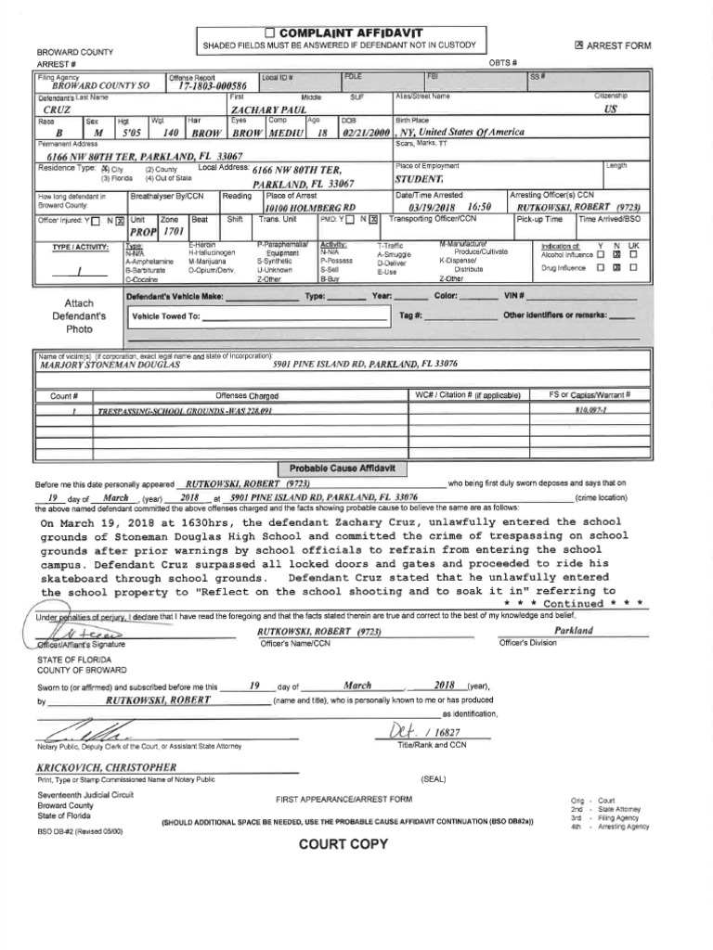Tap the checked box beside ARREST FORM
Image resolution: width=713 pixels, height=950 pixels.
pyautogui.click(x=579, y=45)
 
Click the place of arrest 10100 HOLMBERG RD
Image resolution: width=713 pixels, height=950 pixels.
pyautogui.click(x=311, y=208)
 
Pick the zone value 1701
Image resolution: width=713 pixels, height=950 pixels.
pyautogui.click(x=175, y=230)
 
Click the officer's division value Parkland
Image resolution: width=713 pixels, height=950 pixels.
pyautogui.click(x=573, y=630)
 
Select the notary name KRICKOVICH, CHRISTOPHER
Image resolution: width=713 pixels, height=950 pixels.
pyautogui.click(x=106, y=767)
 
